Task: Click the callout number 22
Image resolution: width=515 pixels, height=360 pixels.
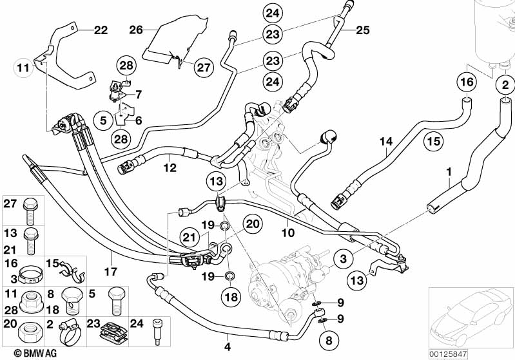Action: tap(101, 30)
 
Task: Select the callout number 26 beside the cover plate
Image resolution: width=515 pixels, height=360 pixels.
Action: tap(136, 30)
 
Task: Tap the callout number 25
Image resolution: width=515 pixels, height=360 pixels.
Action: tap(363, 30)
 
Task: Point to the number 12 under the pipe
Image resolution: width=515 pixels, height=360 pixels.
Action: tap(170, 167)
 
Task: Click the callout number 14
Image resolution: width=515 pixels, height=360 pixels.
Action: tap(386, 142)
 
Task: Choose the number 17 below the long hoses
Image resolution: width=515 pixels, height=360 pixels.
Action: tap(111, 272)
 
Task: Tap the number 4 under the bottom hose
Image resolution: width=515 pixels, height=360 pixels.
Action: tap(228, 346)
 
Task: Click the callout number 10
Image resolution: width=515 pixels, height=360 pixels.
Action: tap(288, 232)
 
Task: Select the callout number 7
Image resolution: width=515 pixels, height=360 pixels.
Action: tap(139, 95)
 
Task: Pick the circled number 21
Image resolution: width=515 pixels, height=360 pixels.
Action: tap(189, 237)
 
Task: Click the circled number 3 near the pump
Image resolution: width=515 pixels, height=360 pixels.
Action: tap(343, 259)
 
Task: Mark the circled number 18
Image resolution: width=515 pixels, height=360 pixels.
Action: tap(231, 297)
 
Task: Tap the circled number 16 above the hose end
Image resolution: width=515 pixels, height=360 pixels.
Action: tap(467, 81)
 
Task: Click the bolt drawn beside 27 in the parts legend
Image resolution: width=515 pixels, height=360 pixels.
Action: tap(30, 210)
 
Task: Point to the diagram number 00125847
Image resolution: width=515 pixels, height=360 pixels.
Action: tap(448, 354)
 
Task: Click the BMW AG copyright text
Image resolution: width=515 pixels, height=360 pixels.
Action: tap(35, 353)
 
